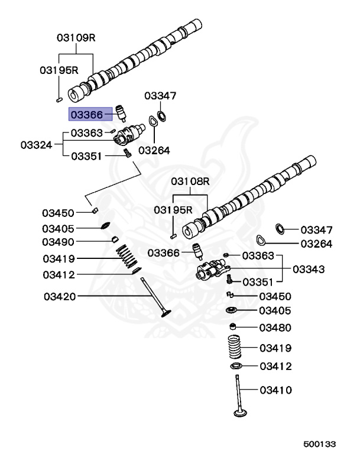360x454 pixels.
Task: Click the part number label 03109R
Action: pos(76,37)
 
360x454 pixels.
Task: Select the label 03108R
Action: pos(191,181)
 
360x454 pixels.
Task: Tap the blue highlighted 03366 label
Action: pos(87,114)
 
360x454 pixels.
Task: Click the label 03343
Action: pos(308,270)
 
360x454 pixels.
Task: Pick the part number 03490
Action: pos(58,242)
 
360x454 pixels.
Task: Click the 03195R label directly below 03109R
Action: pos(59,70)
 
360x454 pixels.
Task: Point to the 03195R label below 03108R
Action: pos(173,209)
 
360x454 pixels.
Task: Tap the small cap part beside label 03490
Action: pos(116,240)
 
